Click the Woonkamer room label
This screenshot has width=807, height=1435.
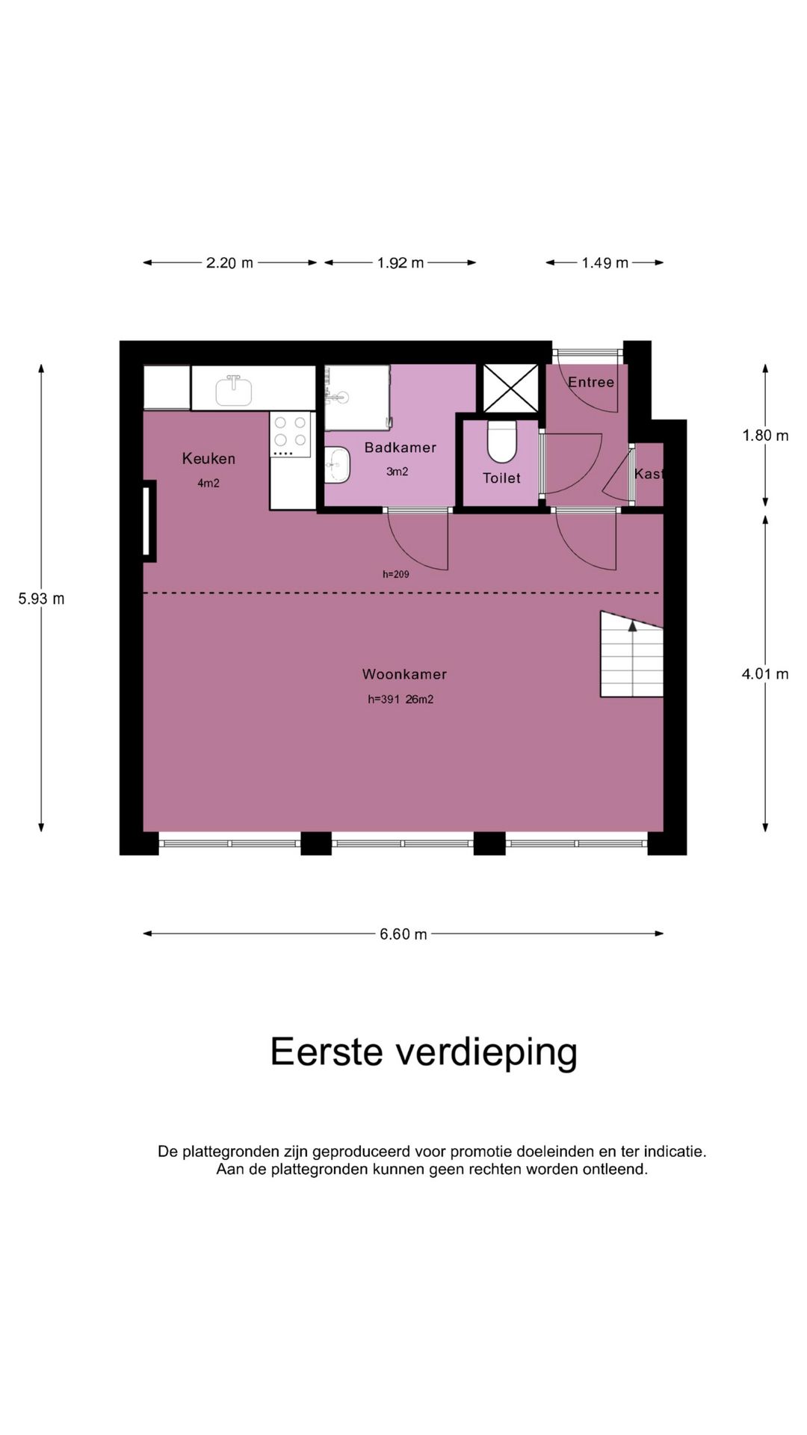click(x=404, y=674)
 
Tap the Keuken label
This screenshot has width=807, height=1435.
click(x=208, y=459)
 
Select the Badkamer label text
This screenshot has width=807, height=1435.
click(x=400, y=448)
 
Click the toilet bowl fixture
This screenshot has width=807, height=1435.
click(x=502, y=442)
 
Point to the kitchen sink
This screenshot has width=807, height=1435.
click(x=233, y=390)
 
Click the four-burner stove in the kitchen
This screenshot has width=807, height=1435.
click(x=290, y=434)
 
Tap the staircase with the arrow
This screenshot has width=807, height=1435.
click(x=632, y=655)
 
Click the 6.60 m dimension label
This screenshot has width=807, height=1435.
click(x=403, y=934)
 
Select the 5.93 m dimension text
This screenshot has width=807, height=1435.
click(x=41, y=599)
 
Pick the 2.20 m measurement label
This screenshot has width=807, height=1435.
click(x=229, y=263)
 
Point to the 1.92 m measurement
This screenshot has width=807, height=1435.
click(x=401, y=263)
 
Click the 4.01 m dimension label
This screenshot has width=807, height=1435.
click(x=764, y=674)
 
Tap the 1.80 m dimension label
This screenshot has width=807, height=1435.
click(x=764, y=436)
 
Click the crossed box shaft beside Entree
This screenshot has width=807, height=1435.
click(x=510, y=388)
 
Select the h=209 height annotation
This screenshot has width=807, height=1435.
click(x=395, y=575)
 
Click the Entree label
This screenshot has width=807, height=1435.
click(x=590, y=383)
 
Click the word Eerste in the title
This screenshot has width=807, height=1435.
click(x=327, y=1052)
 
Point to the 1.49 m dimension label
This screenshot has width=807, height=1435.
click(x=605, y=263)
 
